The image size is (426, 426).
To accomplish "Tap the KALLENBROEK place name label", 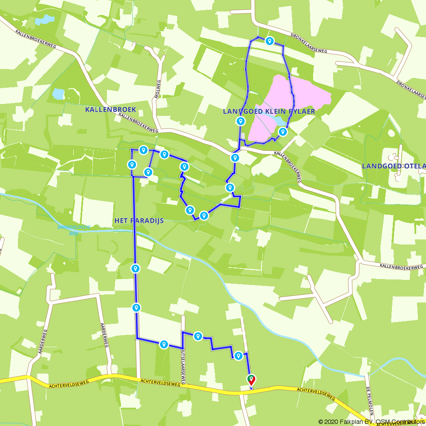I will coord(110,109).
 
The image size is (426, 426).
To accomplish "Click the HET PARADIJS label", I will coord(139,221).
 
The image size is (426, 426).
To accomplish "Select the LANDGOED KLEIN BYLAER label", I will coord(269,111).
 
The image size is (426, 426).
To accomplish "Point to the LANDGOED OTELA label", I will coord(393,166).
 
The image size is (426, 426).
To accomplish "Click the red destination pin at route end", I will coord(251,379).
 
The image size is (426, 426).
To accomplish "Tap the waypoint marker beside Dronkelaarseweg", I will coord(269,41).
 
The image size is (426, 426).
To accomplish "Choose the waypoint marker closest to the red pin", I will coord(239,356).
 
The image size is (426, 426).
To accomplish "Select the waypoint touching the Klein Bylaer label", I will coord(241,121).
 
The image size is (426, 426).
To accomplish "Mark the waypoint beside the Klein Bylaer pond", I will coord(282,132).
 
